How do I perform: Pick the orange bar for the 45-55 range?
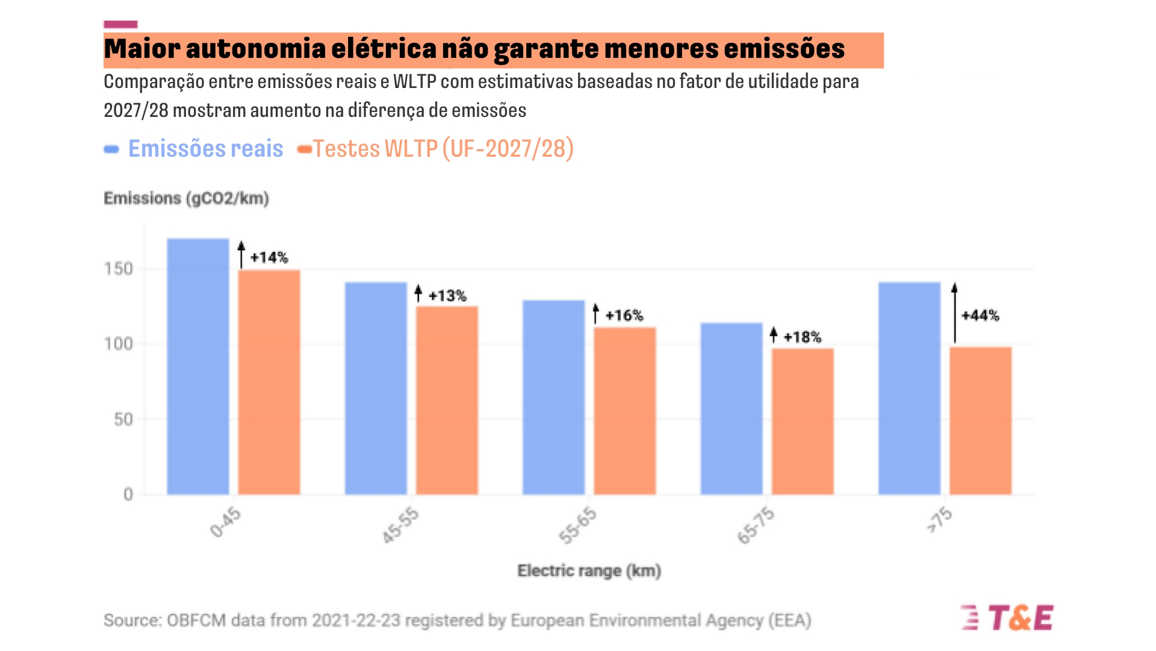pos(447,400)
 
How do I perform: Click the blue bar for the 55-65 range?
pos(553,397)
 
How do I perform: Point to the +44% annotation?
pos(980,315)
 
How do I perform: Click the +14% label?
pos(269,257)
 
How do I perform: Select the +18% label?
pos(802,337)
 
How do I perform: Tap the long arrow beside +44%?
pos(954,313)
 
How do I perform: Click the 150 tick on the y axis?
pos(119,269)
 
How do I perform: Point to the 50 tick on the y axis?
pos(123,420)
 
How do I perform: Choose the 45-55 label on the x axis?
pos(400,526)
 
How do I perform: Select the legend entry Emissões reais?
pos(205,149)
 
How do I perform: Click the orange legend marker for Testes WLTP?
pos(304,149)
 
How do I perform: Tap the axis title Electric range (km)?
pos(589,571)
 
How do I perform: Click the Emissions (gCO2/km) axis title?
pos(186,198)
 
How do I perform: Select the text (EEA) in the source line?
pos(789,620)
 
